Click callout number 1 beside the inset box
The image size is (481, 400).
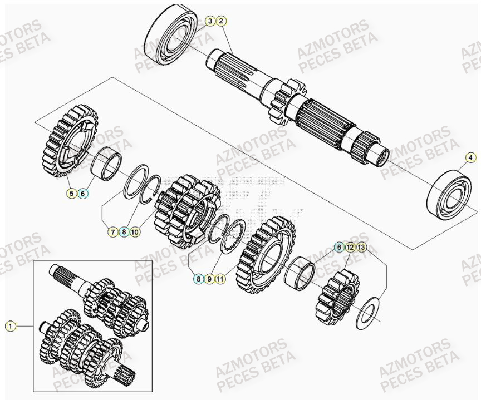pyautogui.click(x=11, y=326)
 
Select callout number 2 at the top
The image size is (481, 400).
pyautogui.click(x=221, y=22)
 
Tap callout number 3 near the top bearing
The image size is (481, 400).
pyautogui.click(x=210, y=22)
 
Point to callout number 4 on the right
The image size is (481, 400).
pyautogui.click(x=470, y=157)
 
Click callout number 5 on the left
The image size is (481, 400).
pyautogui.click(x=71, y=194)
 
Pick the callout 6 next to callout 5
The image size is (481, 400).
pyautogui.click(x=82, y=194)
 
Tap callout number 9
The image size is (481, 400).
pyautogui.click(x=209, y=279)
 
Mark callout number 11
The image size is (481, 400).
pyautogui.click(x=220, y=279)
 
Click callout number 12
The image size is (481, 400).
pyautogui.click(x=350, y=246)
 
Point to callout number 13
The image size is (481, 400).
pyautogui.click(x=361, y=246)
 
